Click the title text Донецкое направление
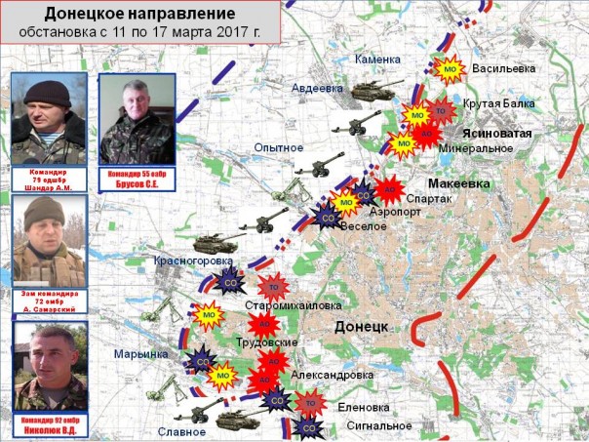tap(140, 15)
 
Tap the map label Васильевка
tap(503, 69)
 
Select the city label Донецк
tap(362, 325)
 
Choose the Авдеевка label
tap(318, 88)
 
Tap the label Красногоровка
tap(191, 261)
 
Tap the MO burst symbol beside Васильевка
tap(450, 69)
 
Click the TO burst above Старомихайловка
tap(274, 287)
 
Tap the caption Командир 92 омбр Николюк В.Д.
tap(46, 424)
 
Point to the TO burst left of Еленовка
tap(310, 400)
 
